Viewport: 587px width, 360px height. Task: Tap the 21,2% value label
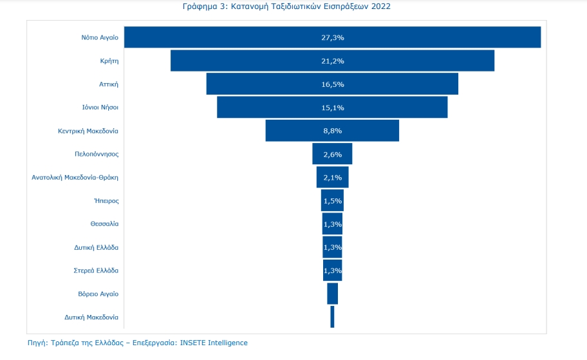point(332,61)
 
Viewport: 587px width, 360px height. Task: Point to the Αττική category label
point(107,84)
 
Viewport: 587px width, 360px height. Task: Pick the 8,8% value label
point(332,131)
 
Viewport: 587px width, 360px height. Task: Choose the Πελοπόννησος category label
point(97,154)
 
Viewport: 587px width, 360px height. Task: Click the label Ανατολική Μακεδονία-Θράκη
point(75,177)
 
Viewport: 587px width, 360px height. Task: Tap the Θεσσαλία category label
point(104,223)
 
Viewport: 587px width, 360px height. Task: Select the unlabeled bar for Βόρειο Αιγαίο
point(332,294)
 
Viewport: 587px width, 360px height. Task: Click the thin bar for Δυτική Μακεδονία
point(332,317)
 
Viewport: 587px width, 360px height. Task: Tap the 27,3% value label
point(332,37)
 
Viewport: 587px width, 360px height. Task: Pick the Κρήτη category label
point(109,61)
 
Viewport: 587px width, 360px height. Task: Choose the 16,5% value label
point(332,84)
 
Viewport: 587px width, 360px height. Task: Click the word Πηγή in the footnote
point(37,343)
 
